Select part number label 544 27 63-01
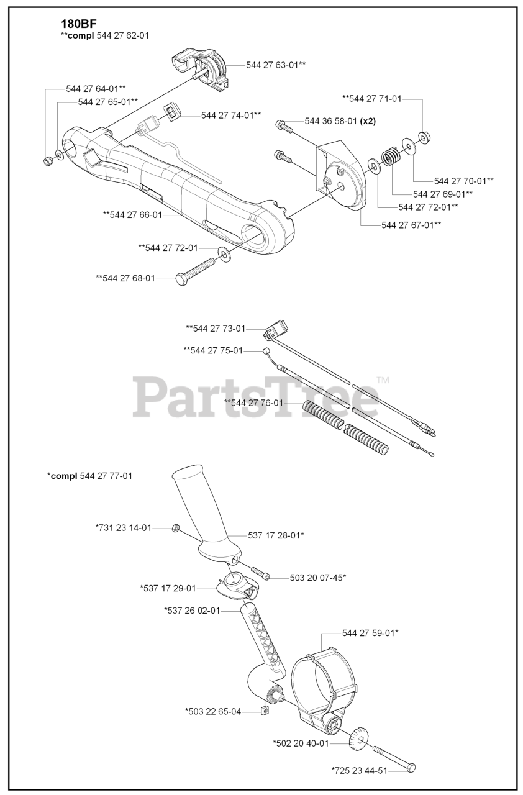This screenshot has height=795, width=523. tap(276, 65)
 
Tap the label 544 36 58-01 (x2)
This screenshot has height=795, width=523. tap(340, 120)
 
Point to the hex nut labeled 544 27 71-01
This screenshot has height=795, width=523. tap(425, 137)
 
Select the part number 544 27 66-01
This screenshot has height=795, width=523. tap(132, 215)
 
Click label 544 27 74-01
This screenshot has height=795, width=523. tap(230, 115)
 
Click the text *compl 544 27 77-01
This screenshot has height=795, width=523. tap(89, 476)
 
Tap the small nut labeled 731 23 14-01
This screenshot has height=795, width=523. tap(176, 529)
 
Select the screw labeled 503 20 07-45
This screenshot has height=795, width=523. tap(260, 573)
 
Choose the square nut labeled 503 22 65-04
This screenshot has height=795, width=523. tap(264, 711)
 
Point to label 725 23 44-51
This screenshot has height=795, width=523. tap(360, 770)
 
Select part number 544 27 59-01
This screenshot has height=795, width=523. tap(370, 634)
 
